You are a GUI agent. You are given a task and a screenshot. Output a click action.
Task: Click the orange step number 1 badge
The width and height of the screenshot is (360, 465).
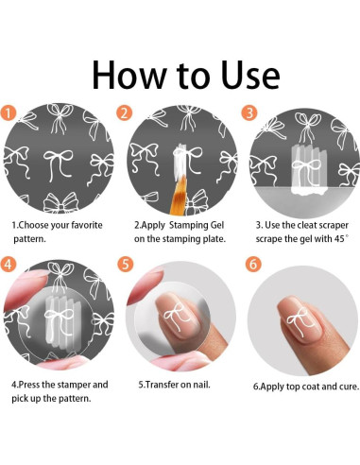tap(8, 112)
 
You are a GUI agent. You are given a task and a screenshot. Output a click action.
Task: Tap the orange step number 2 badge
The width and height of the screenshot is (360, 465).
tap(124, 112)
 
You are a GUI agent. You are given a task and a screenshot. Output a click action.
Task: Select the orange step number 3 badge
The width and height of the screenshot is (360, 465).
tap(249, 112)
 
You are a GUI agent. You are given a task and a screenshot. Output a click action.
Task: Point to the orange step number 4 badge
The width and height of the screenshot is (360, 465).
tap(8, 265)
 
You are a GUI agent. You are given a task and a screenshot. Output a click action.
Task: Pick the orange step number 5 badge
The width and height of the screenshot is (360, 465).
tap(126, 265)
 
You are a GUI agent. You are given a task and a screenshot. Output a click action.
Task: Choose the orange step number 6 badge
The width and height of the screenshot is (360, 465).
tap(253, 265)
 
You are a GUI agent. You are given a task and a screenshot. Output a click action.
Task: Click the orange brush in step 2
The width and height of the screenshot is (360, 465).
tap(180, 195)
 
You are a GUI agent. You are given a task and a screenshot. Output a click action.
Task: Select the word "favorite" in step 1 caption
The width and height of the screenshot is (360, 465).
tap(87, 225)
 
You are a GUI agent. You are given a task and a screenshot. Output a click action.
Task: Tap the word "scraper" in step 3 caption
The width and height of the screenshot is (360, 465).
tap(334, 225)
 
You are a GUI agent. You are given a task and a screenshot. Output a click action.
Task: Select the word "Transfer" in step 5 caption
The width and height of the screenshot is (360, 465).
tap(161, 385)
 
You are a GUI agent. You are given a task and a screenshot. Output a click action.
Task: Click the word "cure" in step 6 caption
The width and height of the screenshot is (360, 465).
tap(350, 387)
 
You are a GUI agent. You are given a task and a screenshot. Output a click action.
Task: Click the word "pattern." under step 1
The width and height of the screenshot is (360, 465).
tap(29, 239)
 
